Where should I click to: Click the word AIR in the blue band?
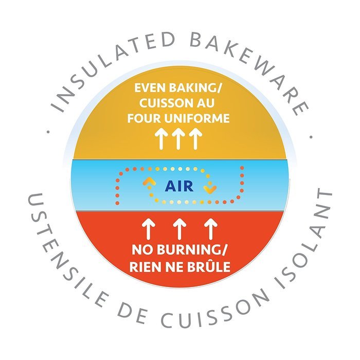[179, 186]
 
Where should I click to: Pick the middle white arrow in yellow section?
[178, 139]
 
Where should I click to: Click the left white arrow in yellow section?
[160, 139]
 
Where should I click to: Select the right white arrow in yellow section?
[195, 139]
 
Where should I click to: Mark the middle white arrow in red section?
[179, 229]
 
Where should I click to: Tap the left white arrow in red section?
[149, 229]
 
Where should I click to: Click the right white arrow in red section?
[211, 229]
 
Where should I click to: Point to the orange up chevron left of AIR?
[149, 182]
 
